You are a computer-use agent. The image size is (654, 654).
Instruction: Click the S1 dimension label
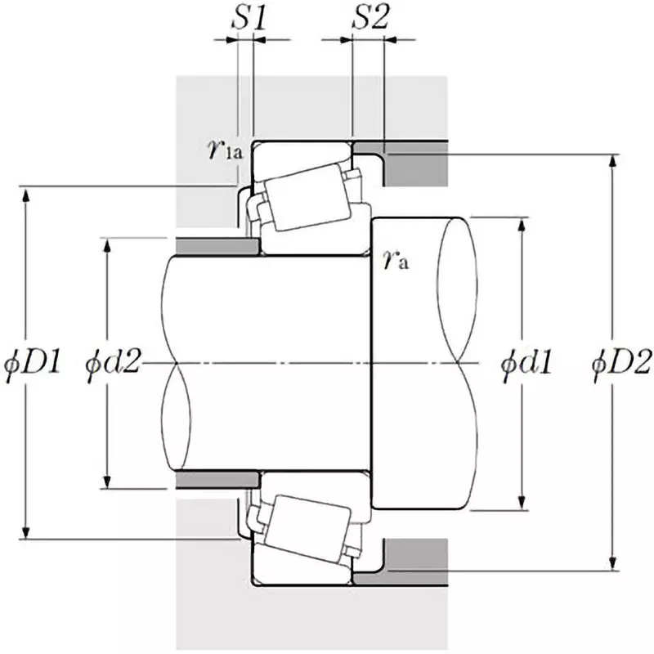click(249, 20)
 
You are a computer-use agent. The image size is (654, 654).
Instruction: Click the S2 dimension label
click(369, 20)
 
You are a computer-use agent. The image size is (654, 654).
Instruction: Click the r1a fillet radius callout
click(225, 150)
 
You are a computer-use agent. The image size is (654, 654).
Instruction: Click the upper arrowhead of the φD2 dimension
click(611, 159)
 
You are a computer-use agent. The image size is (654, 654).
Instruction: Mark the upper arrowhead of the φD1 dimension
click(26, 193)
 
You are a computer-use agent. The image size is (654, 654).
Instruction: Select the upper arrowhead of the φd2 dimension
click(106, 244)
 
